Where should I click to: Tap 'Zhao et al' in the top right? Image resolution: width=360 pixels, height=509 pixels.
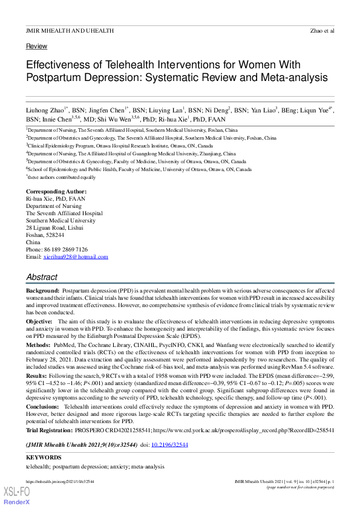pos(321,30)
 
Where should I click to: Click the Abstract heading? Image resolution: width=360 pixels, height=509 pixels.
pos(42,277)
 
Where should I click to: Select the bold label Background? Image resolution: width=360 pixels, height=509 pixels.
pos(42,291)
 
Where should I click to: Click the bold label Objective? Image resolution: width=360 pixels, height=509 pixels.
pos(39,321)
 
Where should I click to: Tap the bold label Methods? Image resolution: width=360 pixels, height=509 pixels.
pos(38,344)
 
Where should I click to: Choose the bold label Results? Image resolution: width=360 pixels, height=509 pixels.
pos(38,374)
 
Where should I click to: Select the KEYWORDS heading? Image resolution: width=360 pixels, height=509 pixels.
pos(44,458)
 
